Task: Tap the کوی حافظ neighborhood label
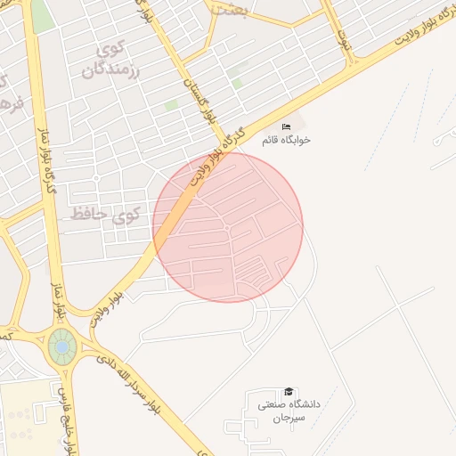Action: tap(106, 214)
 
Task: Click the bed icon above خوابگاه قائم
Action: tap(286, 127)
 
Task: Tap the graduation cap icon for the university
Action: tap(288, 392)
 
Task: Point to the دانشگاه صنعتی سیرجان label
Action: tap(288, 411)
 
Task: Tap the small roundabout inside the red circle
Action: tap(227, 229)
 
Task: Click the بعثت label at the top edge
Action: tap(229, 8)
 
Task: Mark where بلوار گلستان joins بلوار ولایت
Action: tap(225, 148)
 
